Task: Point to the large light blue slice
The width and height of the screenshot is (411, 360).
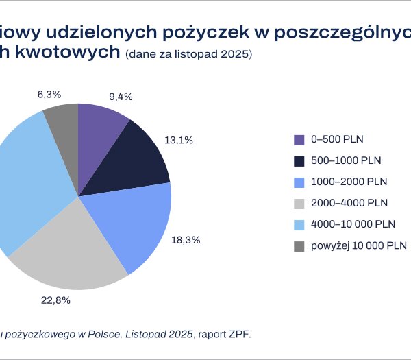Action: [27, 185]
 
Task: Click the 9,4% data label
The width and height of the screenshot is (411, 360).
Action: [122, 96]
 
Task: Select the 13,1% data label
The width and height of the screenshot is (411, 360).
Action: [179, 140]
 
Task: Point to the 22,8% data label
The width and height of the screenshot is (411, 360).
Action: [56, 300]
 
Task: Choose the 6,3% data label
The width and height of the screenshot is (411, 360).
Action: [49, 94]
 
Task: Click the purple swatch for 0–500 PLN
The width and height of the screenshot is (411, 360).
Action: [299, 139]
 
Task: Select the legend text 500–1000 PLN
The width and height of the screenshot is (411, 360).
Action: [347, 160]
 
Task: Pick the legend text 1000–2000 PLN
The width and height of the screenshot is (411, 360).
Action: [349, 182]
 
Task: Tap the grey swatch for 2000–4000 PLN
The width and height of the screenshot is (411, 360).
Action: [299, 203]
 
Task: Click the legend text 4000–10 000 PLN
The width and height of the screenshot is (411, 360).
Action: [353, 224]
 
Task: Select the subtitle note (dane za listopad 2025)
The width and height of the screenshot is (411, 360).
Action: [189, 54]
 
